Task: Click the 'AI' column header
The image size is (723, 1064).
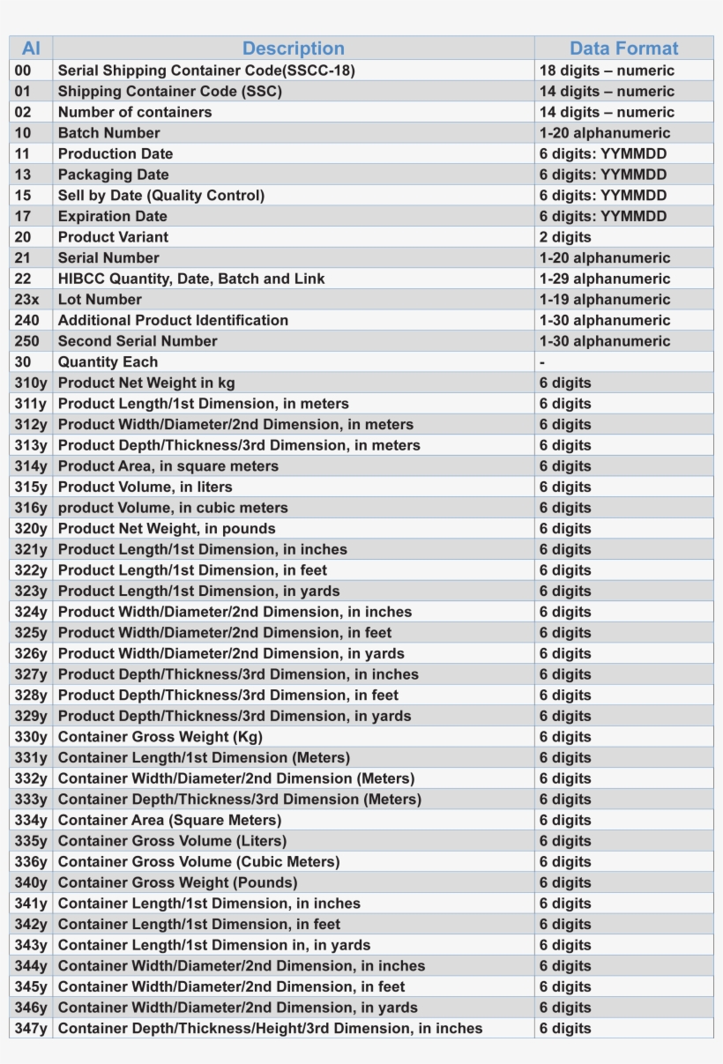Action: point(31,48)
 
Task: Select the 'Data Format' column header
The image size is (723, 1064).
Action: point(623,48)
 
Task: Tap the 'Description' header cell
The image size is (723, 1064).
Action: point(293,48)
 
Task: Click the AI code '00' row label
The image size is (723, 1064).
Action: point(23,71)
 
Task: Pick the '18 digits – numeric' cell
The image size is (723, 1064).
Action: point(607,71)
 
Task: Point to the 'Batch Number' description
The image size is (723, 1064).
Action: point(109,133)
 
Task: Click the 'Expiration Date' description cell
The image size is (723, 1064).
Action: point(112,216)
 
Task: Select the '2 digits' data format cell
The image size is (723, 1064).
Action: point(565,237)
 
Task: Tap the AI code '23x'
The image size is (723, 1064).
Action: point(27,300)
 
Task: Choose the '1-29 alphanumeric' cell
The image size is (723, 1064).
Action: point(605,279)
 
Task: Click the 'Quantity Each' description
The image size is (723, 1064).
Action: point(108,362)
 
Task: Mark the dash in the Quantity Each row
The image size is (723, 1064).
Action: point(542,362)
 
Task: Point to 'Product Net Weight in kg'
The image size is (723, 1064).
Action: point(146,383)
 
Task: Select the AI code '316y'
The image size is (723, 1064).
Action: point(31,508)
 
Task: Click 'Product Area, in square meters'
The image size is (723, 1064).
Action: point(168,466)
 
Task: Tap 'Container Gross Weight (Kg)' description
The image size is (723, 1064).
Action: point(160,737)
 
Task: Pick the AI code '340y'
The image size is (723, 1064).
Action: point(31,882)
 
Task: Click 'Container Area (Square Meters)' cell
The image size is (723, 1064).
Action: point(169,820)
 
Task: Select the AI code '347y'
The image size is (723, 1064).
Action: point(31,1028)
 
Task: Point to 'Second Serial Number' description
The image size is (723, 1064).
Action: point(138,341)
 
